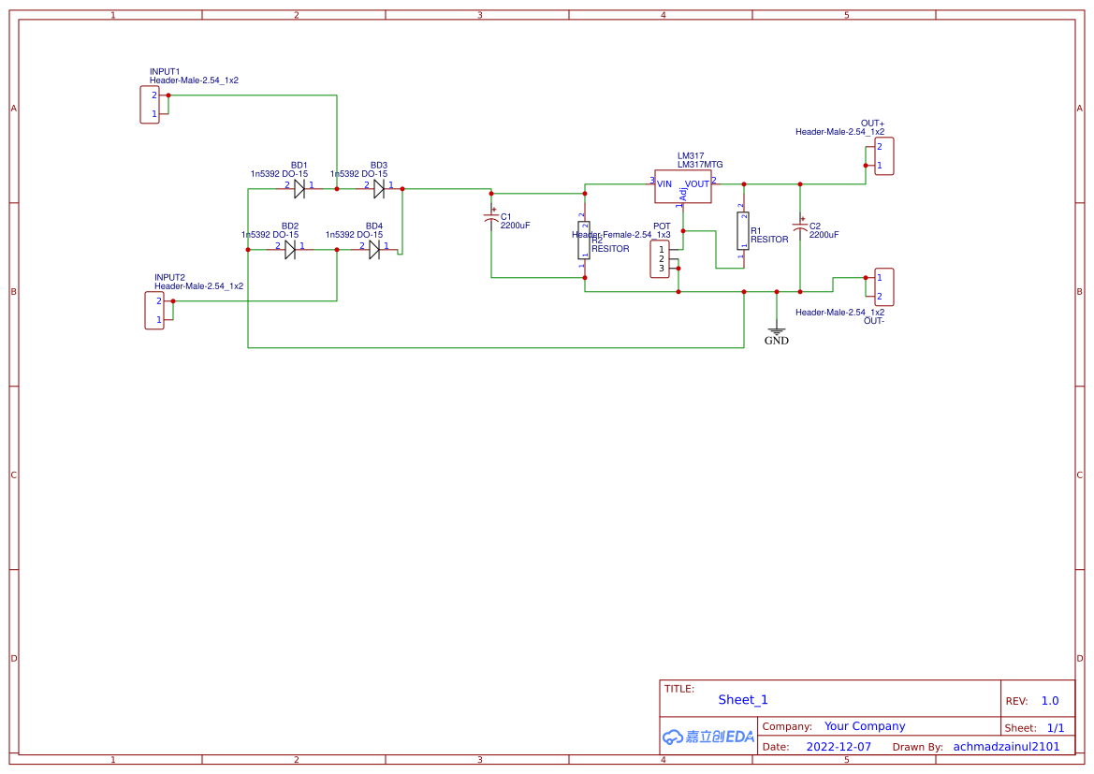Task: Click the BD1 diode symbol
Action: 299,189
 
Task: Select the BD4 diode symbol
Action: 374,249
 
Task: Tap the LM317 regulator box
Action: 683,185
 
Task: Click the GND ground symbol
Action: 776,331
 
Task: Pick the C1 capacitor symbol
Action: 491,218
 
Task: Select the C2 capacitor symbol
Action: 800,226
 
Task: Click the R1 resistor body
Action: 744,231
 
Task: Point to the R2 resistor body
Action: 585,241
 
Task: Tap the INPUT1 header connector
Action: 150,104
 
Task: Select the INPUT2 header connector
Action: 154,310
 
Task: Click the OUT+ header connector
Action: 883,156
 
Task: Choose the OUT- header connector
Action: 883,286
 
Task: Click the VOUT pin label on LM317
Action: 696,184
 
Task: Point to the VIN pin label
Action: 664,184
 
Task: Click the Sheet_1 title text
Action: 743,700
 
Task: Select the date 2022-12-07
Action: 839,747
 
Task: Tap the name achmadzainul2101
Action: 1006,747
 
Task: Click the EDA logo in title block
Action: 708,737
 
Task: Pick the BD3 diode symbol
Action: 379,189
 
